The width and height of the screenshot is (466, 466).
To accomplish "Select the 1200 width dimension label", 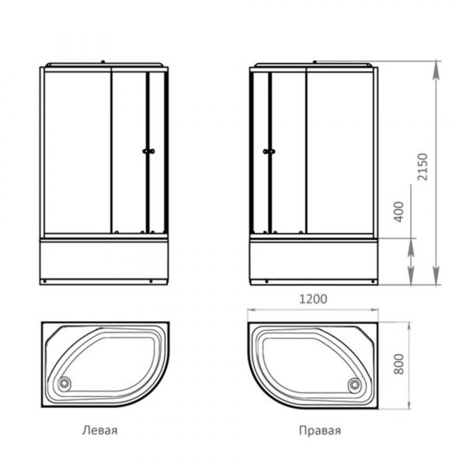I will click(311, 298).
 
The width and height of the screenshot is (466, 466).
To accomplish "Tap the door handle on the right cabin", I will click(269, 152).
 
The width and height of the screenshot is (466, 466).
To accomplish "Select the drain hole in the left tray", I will click(64, 381).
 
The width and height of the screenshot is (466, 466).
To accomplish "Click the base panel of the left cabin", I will click(104, 259).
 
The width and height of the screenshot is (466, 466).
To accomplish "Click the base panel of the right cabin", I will click(314, 259).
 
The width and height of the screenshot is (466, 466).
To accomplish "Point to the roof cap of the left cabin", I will click(104, 64).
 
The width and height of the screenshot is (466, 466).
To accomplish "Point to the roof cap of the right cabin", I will click(314, 64).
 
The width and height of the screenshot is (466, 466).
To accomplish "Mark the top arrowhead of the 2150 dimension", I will click(436, 65).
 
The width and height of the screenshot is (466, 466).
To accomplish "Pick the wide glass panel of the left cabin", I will click(76, 151).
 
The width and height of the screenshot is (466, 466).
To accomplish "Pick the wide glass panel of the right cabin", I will click(342, 151).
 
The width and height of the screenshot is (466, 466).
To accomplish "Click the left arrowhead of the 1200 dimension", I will click(251, 308).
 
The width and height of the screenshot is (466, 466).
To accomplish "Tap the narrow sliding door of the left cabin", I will click(129, 151).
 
